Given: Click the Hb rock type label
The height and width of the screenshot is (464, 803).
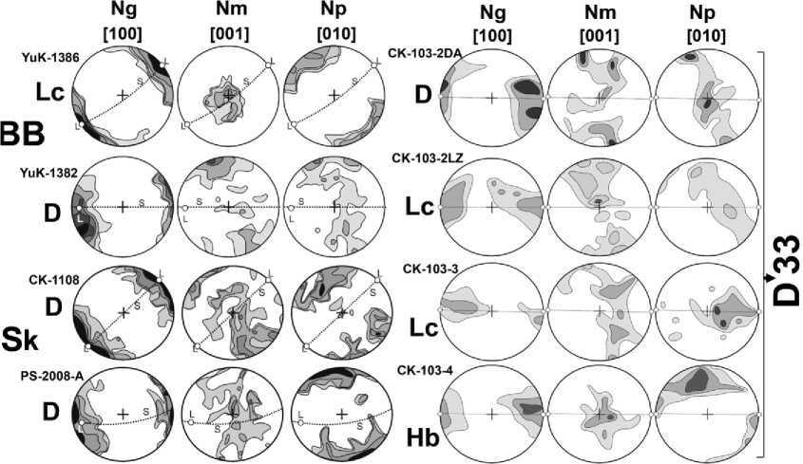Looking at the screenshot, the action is (423, 439).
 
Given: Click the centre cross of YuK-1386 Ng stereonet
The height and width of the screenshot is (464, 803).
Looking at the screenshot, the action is (123, 95).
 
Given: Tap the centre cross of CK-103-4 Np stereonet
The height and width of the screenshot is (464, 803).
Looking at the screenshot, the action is (706, 414).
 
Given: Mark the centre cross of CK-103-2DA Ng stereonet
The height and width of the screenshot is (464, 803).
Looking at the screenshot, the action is (490, 98).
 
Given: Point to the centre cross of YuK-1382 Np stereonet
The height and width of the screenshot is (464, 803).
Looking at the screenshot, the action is (334, 206).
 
